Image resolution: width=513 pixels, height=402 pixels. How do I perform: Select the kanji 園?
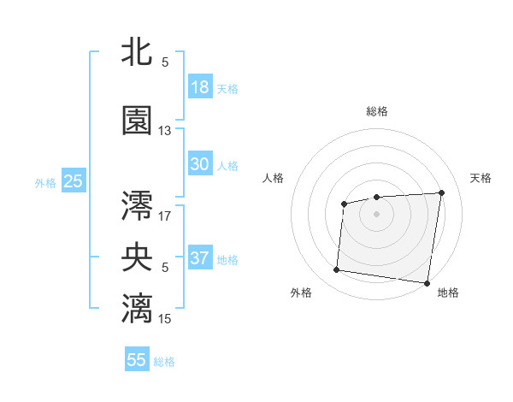[137, 121]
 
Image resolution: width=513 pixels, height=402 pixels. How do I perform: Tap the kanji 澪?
[137, 206]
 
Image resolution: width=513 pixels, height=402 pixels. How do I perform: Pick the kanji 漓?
[137, 308]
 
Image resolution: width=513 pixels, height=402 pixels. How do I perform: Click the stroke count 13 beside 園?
[165, 131]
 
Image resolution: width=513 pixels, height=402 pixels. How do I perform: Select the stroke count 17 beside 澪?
[165, 216]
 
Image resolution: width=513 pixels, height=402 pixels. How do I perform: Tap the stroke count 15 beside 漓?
[165, 318]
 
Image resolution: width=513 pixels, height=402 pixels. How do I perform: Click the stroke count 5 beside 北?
[165, 62]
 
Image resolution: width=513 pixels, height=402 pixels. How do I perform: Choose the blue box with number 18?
[200, 87]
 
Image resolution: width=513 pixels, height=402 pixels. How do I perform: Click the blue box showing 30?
[200, 164]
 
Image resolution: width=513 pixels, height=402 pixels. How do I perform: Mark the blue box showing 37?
[200, 258]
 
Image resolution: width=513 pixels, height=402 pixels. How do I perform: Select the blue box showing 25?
[73, 181]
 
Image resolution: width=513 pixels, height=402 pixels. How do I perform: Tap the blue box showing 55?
[137, 360]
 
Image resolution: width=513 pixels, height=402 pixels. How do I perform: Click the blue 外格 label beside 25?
[45, 182]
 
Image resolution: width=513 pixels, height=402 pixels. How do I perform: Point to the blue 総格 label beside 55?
[165, 362]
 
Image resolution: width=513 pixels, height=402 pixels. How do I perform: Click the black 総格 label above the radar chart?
[377, 111]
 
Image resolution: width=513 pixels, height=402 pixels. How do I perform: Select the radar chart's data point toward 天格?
[441, 192]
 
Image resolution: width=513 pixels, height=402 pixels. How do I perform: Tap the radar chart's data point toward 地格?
[427, 283]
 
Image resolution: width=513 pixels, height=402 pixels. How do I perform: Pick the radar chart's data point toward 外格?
[337, 270]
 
